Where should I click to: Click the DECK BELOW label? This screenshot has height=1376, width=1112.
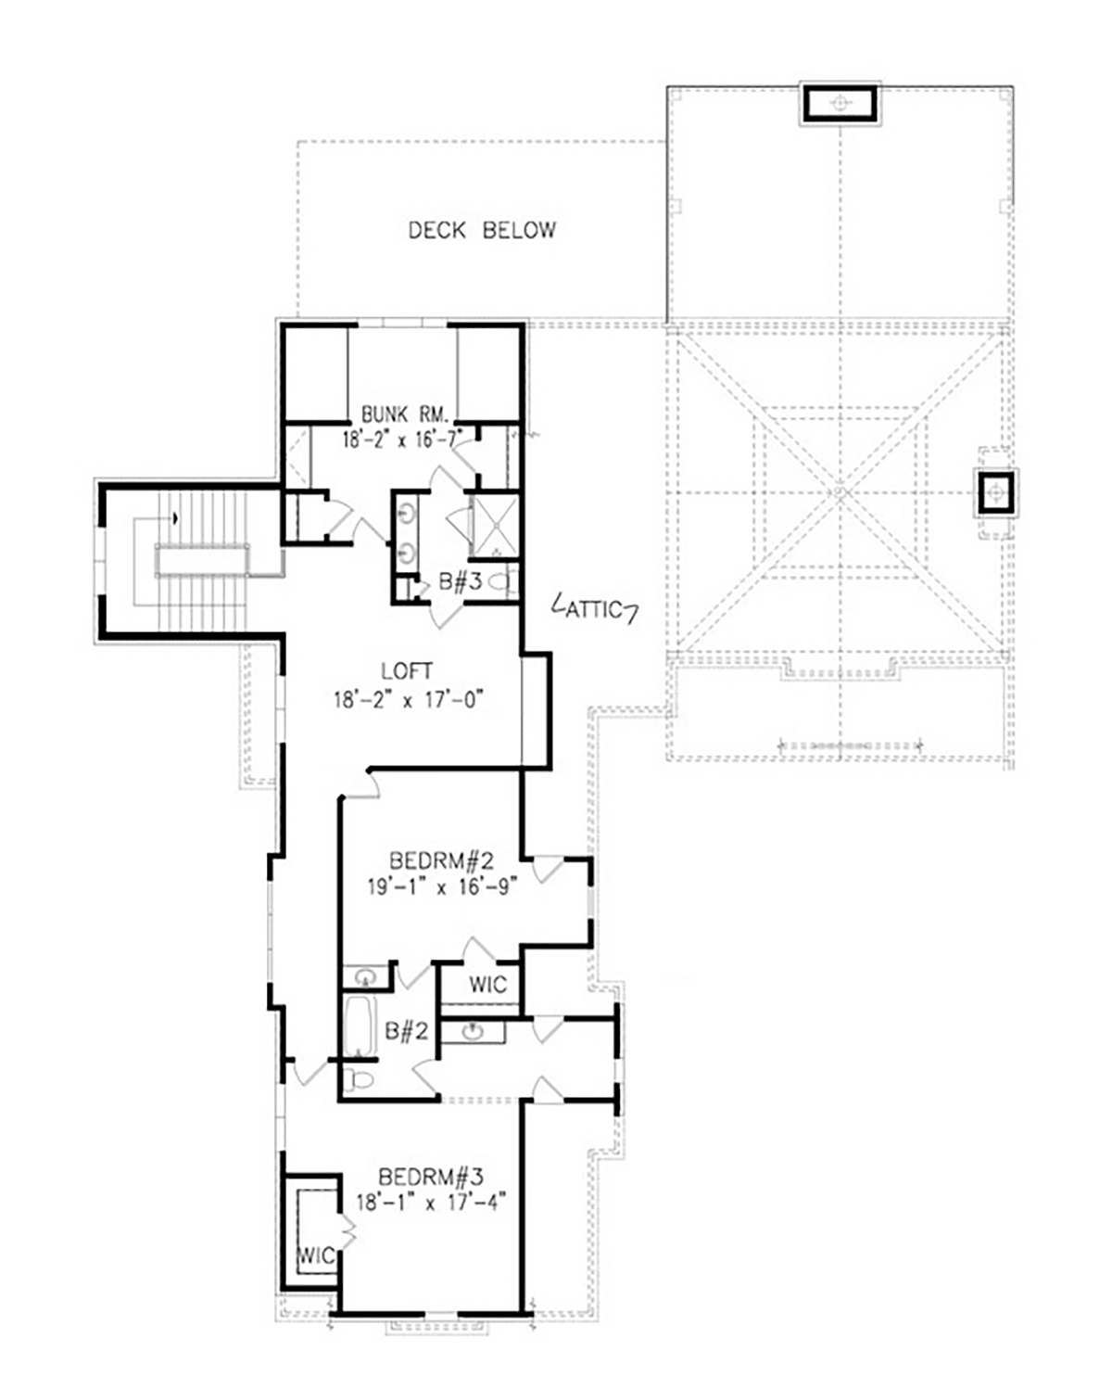[482, 230]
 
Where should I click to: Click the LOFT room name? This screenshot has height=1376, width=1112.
[407, 672]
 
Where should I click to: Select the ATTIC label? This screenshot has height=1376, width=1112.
[594, 609]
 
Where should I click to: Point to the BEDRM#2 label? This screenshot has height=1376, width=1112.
[441, 860]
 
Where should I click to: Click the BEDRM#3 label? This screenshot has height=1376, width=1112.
[431, 1176]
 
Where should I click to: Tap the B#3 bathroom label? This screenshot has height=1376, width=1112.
[461, 581]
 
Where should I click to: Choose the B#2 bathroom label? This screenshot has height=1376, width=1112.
[407, 1030]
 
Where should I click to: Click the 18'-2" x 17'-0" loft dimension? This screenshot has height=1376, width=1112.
[409, 700]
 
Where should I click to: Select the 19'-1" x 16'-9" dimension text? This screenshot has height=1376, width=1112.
[443, 887]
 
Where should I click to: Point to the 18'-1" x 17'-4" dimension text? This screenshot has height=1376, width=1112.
[431, 1203]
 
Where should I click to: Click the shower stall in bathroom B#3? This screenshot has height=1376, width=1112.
[495, 526]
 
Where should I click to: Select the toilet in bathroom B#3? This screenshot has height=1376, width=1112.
[504, 582]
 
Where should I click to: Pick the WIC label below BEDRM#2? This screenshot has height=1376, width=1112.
[488, 985]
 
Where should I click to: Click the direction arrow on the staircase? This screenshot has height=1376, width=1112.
[175, 518]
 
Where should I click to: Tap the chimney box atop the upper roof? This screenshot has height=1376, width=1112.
[840, 103]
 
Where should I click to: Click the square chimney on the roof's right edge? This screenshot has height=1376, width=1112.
[996, 493]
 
